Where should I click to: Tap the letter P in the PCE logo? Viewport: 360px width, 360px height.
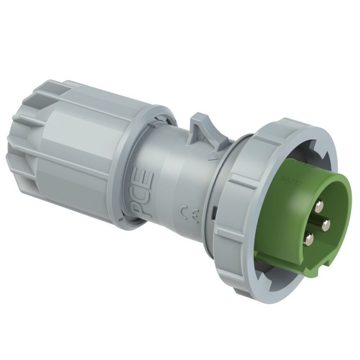[139, 207]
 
